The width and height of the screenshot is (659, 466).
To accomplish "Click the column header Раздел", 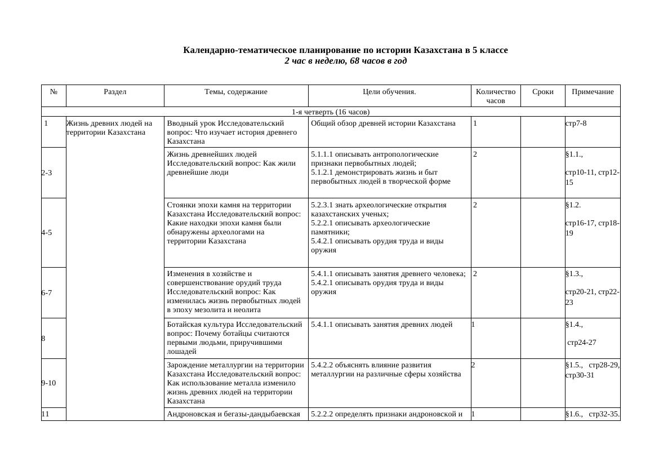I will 115,92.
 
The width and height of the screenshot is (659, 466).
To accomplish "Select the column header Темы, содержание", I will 235,92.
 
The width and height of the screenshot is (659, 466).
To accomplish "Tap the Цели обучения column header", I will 389,92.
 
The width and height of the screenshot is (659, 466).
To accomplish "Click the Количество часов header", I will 495,96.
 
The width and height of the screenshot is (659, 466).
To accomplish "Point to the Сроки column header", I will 542,92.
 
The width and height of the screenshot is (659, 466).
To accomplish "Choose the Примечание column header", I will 592,92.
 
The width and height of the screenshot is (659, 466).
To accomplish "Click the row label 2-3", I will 47,173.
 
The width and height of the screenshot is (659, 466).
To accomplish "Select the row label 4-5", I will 47,232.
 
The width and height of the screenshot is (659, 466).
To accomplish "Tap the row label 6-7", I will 47,293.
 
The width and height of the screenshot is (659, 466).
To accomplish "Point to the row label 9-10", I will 48,383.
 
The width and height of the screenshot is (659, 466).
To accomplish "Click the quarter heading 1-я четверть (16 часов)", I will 330,112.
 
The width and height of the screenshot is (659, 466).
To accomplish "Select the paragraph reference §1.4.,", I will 574,325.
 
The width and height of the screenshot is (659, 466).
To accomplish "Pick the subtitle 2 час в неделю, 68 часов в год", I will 345,61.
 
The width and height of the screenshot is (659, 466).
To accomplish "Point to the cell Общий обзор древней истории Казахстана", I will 383,123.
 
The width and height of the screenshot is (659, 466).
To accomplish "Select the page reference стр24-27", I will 581,343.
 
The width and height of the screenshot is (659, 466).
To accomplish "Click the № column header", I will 54,92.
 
